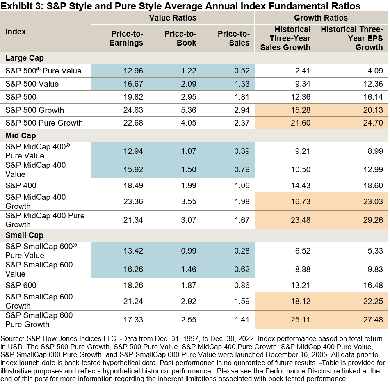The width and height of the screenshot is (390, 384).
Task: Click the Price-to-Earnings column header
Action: coord(127,38)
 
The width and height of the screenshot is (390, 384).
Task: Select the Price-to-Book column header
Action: coord(180,38)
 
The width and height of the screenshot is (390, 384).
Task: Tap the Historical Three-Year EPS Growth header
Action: coord(351,38)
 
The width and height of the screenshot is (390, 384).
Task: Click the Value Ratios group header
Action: coord(172,18)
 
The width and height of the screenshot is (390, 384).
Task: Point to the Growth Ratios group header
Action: coord(321,18)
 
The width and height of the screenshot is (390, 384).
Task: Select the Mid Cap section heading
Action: coord(21,136)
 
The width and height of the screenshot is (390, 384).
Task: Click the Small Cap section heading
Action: coord(24,235)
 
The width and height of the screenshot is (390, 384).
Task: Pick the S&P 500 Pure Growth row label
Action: coord(44,123)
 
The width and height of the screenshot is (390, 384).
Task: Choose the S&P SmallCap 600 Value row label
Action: coord(39,269)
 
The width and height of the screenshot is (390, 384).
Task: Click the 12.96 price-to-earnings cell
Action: coord(133,71)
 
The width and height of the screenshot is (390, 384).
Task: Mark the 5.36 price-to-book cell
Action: coord(188,110)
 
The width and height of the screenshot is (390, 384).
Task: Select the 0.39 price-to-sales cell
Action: coord(241,151)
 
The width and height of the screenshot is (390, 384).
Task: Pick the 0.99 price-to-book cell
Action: coord(188,251)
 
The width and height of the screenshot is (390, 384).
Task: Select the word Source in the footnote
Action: coord(11,339)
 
